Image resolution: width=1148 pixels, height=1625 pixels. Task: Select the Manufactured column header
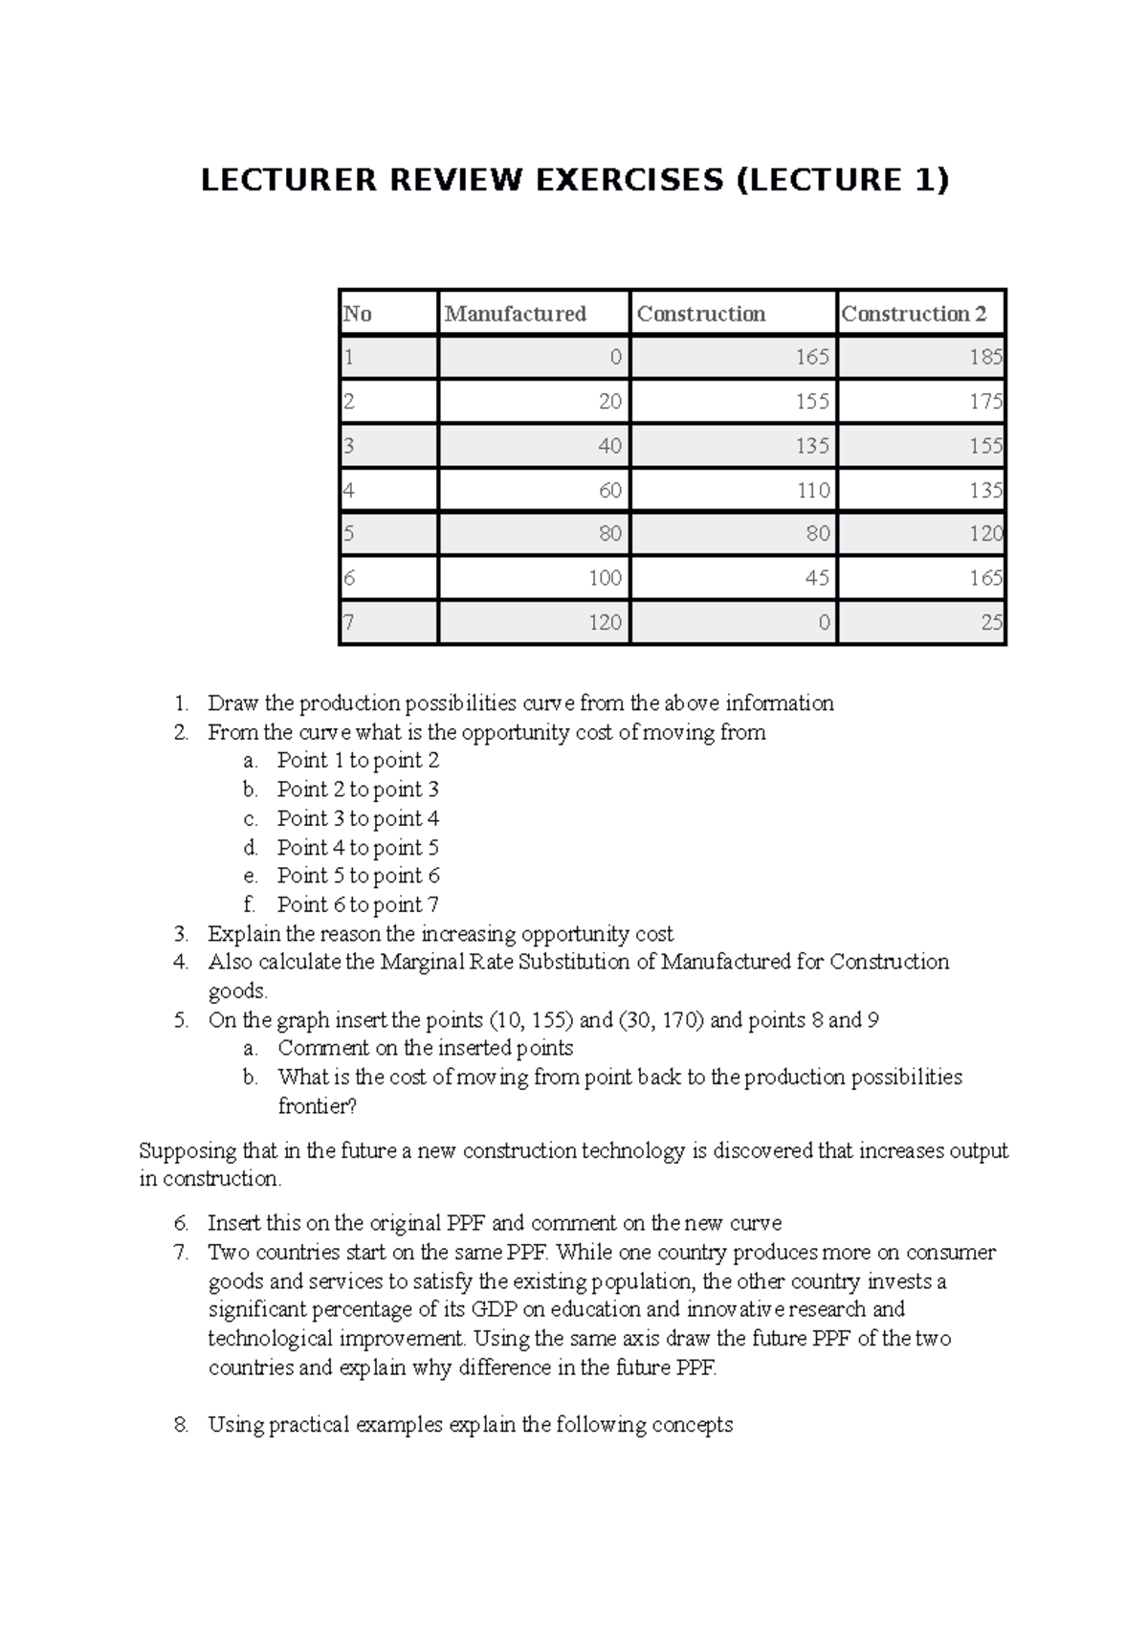[x=515, y=314]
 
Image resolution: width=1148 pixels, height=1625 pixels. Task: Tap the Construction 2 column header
[x=913, y=314]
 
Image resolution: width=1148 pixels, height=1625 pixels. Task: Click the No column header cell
[x=358, y=314]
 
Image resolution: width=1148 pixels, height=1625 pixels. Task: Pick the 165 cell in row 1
[x=811, y=358]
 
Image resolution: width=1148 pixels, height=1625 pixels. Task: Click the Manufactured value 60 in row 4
[x=609, y=491]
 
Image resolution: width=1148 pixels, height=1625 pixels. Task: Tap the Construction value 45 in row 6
[x=817, y=578]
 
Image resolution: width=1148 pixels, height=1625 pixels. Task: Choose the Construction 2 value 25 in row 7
[x=991, y=623]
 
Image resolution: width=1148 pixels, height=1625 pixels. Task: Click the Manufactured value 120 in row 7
[x=605, y=623]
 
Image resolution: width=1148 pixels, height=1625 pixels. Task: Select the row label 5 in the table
[x=349, y=534]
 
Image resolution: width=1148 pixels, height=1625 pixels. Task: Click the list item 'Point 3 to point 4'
[x=358, y=819]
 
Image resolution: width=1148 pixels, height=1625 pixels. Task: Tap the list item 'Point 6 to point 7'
[x=358, y=905]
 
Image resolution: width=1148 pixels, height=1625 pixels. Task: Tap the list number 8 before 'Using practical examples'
[x=181, y=1426]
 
